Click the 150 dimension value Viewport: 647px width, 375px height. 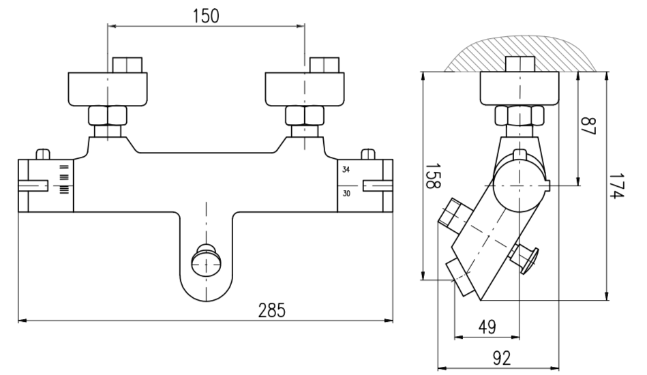click(205, 15)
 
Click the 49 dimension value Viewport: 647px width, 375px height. click(486, 327)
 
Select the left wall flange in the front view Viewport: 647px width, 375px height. click(108, 87)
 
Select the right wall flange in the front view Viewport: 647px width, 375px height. click(305, 87)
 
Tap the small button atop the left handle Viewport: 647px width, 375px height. click(42, 154)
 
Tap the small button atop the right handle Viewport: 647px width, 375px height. click(370, 154)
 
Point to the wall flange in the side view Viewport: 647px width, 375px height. click(520, 87)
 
